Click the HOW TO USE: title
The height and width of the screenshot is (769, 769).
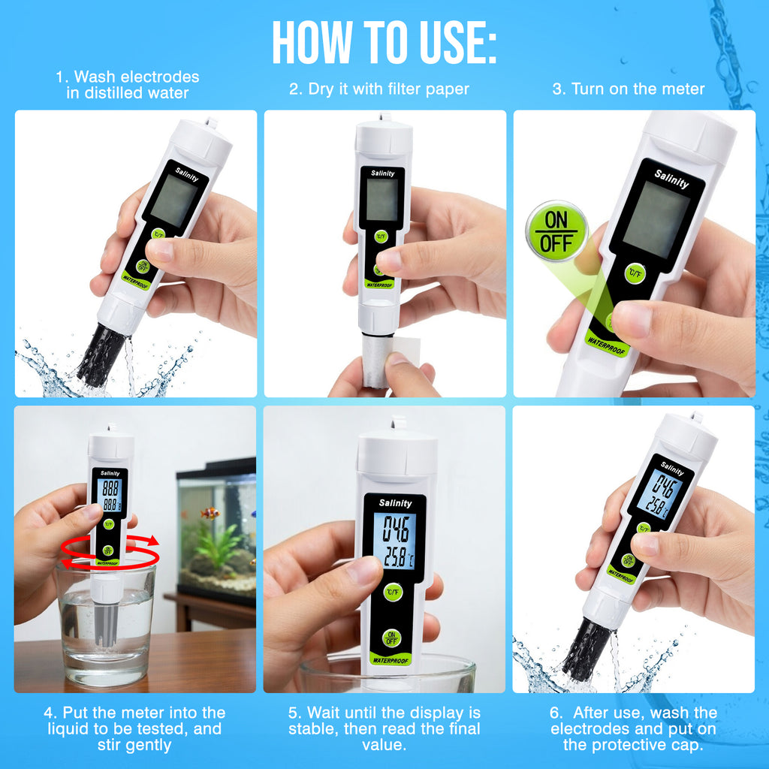tap(384, 43)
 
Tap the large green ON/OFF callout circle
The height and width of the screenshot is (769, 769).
tap(556, 231)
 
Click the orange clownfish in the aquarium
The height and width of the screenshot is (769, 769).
tap(210, 514)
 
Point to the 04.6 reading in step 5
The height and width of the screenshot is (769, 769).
tap(395, 529)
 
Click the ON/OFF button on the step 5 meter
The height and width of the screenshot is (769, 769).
tap(391, 638)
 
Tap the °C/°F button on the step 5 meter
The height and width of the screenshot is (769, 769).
tap(393, 592)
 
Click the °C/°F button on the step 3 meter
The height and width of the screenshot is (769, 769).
tap(635, 273)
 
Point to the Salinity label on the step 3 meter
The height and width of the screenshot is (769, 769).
tap(671, 179)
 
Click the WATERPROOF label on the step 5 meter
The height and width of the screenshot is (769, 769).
tap(391, 660)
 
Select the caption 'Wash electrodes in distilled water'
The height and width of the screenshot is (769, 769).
tap(128, 84)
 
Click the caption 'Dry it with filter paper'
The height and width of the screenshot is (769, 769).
tap(379, 89)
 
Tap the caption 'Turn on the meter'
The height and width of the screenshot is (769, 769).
tap(629, 89)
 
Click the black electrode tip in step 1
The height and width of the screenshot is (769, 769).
tap(103, 354)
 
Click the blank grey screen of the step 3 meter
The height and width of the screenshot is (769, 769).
tap(656, 219)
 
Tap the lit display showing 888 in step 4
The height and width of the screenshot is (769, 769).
tap(110, 495)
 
